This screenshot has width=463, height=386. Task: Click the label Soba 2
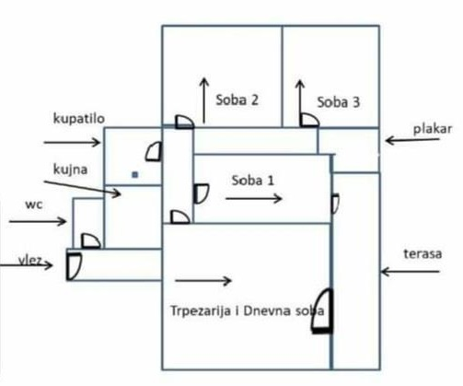pyautogui.click(x=237, y=99)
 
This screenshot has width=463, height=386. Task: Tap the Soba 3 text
pyautogui.click(x=338, y=102)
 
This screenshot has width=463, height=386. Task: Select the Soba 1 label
pyautogui.click(x=252, y=181)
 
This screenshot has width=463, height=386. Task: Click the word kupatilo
pyautogui.click(x=79, y=119)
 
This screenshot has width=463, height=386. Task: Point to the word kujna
pyautogui.click(x=70, y=170)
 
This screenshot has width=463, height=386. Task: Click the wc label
pyautogui.click(x=34, y=205)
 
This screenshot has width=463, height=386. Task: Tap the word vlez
pyautogui.click(x=29, y=260)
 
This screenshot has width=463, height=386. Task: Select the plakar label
pyautogui.click(x=433, y=129)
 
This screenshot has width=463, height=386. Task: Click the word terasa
pyautogui.click(x=422, y=254)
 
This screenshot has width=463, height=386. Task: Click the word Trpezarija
pyautogui.click(x=201, y=310)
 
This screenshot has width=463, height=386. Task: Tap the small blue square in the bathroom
pyautogui.click(x=135, y=175)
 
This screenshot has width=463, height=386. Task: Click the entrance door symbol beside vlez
pyautogui.click(x=74, y=266)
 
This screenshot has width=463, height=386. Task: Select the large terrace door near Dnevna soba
pyautogui.click(x=322, y=310)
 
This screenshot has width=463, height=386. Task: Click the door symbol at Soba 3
pyautogui.click(x=309, y=120)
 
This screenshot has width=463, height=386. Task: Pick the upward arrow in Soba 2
pyautogui.click(x=204, y=100)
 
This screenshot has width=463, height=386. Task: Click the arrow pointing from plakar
pyautogui.click(x=412, y=140)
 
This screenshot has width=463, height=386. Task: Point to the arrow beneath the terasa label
pyautogui.click(x=411, y=272)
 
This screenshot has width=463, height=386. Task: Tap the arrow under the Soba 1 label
pyautogui.click(x=254, y=198)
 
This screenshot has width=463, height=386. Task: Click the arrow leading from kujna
pyautogui.click(x=82, y=187)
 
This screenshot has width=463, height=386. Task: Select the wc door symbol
pyautogui.click(x=91, y=241)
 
